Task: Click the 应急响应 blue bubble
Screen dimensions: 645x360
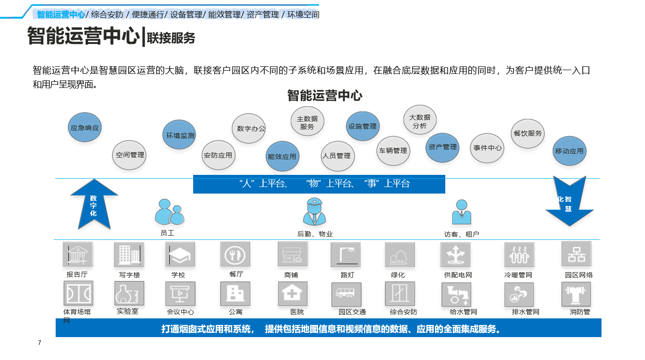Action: [85, 127]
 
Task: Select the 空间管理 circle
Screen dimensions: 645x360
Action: [129, 155]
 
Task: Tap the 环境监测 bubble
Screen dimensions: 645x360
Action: [179, 135]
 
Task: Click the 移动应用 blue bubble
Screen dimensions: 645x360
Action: [569, 151]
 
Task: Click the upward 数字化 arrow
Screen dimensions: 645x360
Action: [94, 204]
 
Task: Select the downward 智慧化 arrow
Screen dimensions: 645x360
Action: [569, 201]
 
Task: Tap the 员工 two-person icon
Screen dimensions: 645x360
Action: [169, 212]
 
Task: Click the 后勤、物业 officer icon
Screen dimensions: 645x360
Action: [314, 211]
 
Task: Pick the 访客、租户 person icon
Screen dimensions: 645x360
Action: [462, 212]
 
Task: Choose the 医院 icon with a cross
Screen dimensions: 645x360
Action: [292, 294]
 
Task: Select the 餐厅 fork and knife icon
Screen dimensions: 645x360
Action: [235, 254]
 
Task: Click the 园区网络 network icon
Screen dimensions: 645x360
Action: [576, 254]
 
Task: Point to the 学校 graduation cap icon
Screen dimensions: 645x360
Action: [180, 254]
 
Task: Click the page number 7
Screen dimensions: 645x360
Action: [39, 343]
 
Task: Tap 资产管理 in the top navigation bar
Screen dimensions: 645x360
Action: [262, 14]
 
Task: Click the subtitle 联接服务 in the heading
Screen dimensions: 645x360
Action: [171, 38]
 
